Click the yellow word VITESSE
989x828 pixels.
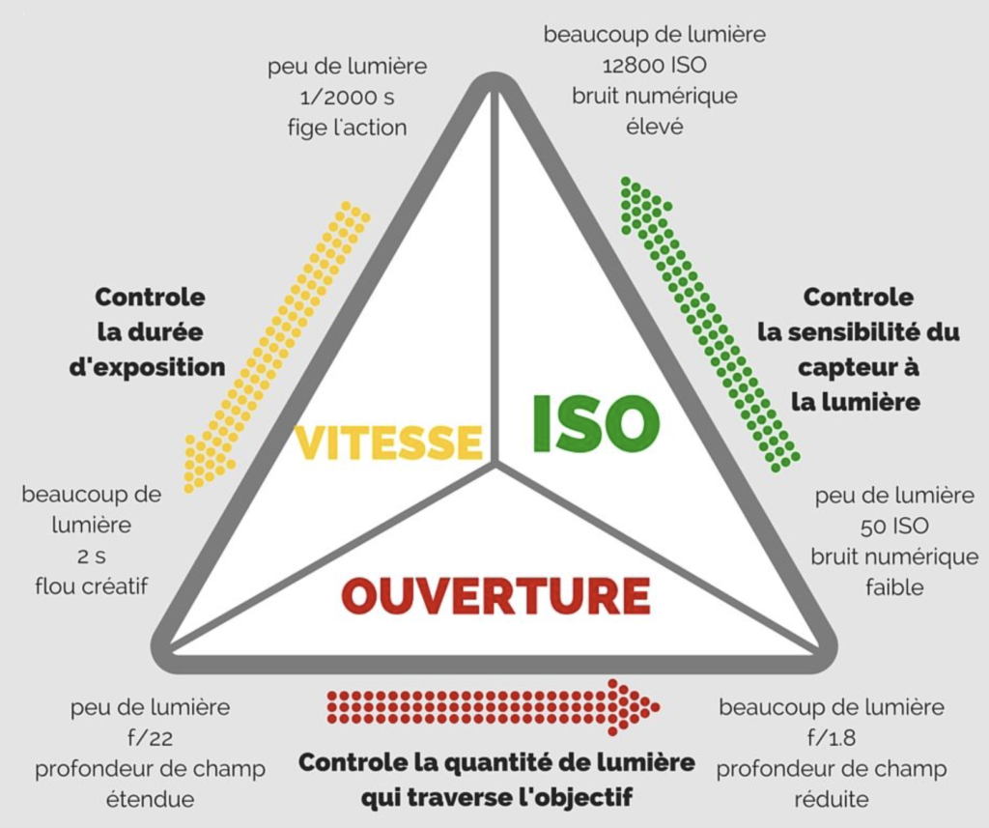388,442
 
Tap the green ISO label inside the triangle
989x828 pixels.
596,424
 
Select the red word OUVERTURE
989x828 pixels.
495,596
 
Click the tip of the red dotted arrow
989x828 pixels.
658,707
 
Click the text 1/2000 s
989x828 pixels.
347,98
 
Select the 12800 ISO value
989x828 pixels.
654,65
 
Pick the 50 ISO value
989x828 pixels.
894,526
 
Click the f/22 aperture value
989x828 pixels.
150,737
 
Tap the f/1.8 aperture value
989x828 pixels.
832,737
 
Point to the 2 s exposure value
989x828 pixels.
92,556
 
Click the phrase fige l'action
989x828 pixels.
347,128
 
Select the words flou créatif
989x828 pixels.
92,586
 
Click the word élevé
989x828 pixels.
654,127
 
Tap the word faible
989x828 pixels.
894,587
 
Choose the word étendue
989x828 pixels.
150,799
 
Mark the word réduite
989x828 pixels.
832,799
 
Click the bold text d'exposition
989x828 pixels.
147,367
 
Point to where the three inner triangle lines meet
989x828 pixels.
496,465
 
